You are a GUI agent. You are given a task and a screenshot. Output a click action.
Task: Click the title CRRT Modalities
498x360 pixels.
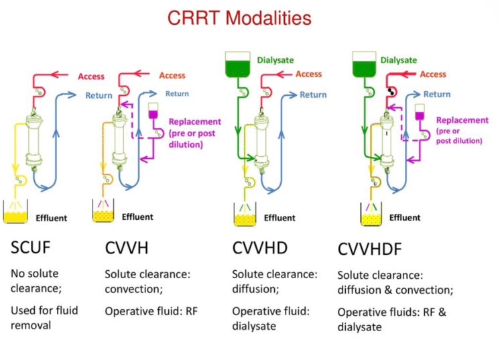click(x=249, y=18)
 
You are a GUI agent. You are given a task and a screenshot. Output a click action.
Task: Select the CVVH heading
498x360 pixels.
click(x=127, y=248)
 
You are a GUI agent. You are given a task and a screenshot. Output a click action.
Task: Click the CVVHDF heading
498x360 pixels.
click(x=369, y=249)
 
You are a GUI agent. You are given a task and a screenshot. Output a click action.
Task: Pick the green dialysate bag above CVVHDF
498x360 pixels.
click(x=363, y=65)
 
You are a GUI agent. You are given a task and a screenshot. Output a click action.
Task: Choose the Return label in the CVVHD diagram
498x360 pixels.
click(x=312, y=95)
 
